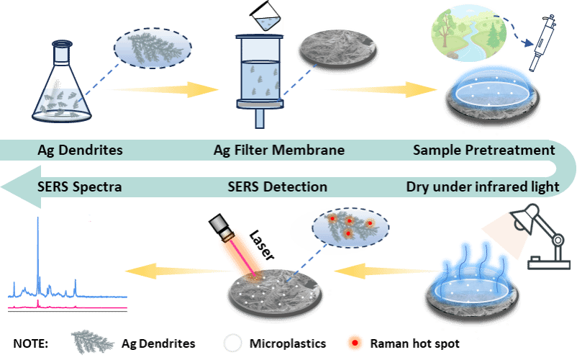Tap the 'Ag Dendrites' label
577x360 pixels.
coord(80,150)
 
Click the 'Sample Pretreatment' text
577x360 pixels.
coord(484,150)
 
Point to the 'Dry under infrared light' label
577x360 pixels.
coord(483,187)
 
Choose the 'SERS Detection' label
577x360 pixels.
coord(277,187)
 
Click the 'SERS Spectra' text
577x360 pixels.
coord(79,187)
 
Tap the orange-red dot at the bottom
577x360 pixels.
coord(353,342)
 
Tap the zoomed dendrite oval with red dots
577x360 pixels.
coord(339,226)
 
